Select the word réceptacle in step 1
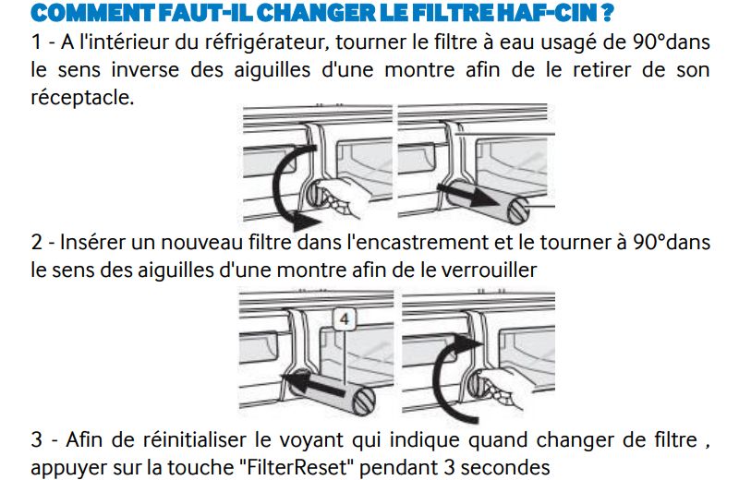pyautogui.click(x=82, y=98)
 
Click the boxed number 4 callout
pyautogui.click(x=344, y=319)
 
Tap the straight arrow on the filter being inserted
pyautogui.click(x=312, y=382)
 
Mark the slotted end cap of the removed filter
pyautogui.click(x=518, y=210)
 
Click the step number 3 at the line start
pyautogui.click(x=37, y=440)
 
